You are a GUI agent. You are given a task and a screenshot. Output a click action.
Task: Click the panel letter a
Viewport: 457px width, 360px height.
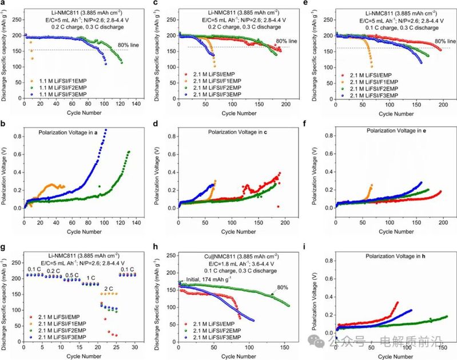pos(3,5)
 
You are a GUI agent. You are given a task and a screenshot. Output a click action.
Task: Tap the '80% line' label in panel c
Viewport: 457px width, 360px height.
pos(286,41)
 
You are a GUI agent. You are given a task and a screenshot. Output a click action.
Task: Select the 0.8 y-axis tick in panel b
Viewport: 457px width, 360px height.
pos(17,135)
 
